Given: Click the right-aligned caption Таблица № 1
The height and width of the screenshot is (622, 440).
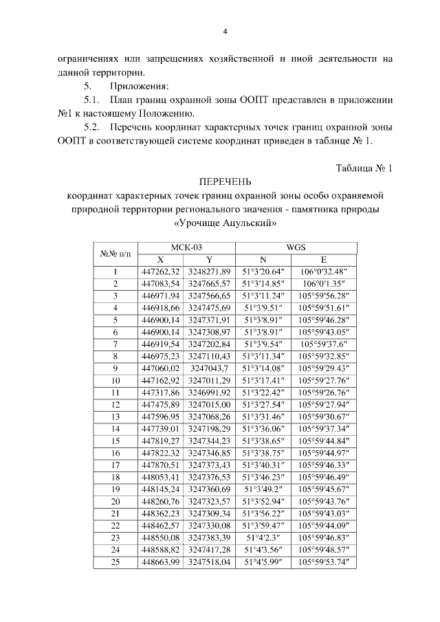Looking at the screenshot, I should [364, 168].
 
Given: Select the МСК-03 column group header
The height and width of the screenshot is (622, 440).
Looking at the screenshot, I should [186, 249].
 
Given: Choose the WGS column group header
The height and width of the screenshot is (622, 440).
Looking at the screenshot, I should [296, 249].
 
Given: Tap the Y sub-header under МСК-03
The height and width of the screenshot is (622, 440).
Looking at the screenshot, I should [210, 260].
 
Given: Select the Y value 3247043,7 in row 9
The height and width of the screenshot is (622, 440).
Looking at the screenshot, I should [210, 368].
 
